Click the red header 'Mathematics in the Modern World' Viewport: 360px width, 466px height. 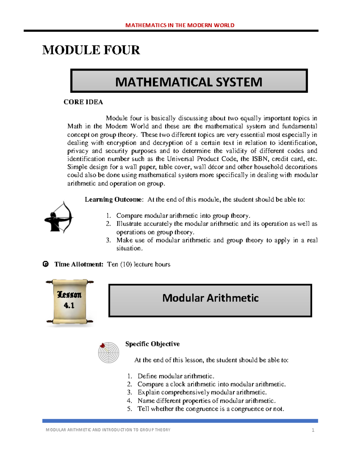[180, 25]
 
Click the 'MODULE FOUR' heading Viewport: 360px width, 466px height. [91, 50]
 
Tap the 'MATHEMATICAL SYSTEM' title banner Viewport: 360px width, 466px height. [189, 82]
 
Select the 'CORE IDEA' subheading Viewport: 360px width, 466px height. [83, 102]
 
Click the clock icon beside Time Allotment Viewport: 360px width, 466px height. [46, 264]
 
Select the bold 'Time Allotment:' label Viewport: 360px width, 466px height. [79, 264]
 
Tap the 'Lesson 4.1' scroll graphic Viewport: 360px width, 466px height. [70, 302]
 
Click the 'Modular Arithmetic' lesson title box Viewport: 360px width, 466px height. [210, 300]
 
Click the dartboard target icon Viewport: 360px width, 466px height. [108, 353]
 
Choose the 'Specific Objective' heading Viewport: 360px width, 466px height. [152, 344]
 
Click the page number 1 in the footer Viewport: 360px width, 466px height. [313, 430]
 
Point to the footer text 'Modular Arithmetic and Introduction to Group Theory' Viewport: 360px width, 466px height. [108, 430]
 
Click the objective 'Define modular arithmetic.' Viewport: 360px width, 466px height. [176, 376]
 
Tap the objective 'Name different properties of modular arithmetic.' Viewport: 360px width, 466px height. [206, 401]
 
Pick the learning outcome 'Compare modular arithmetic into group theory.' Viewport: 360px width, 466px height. [183, 216]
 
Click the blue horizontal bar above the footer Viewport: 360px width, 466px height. [180, 421]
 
